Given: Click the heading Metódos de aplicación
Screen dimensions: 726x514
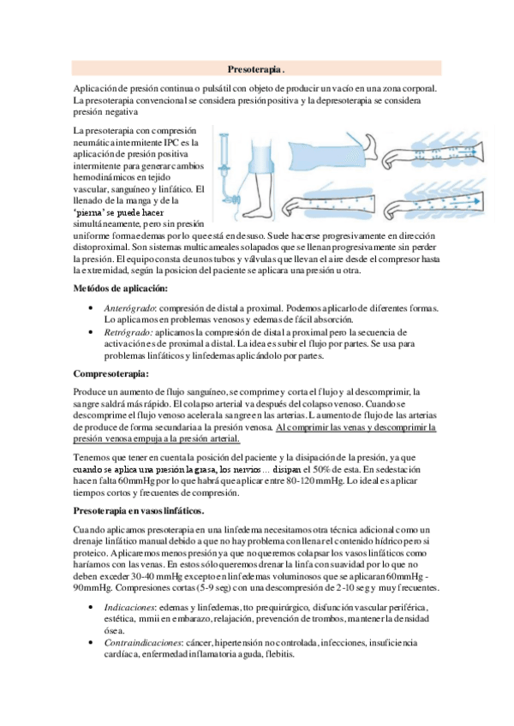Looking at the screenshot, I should point(120,289).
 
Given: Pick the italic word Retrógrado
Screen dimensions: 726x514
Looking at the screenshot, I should point(126,331).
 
